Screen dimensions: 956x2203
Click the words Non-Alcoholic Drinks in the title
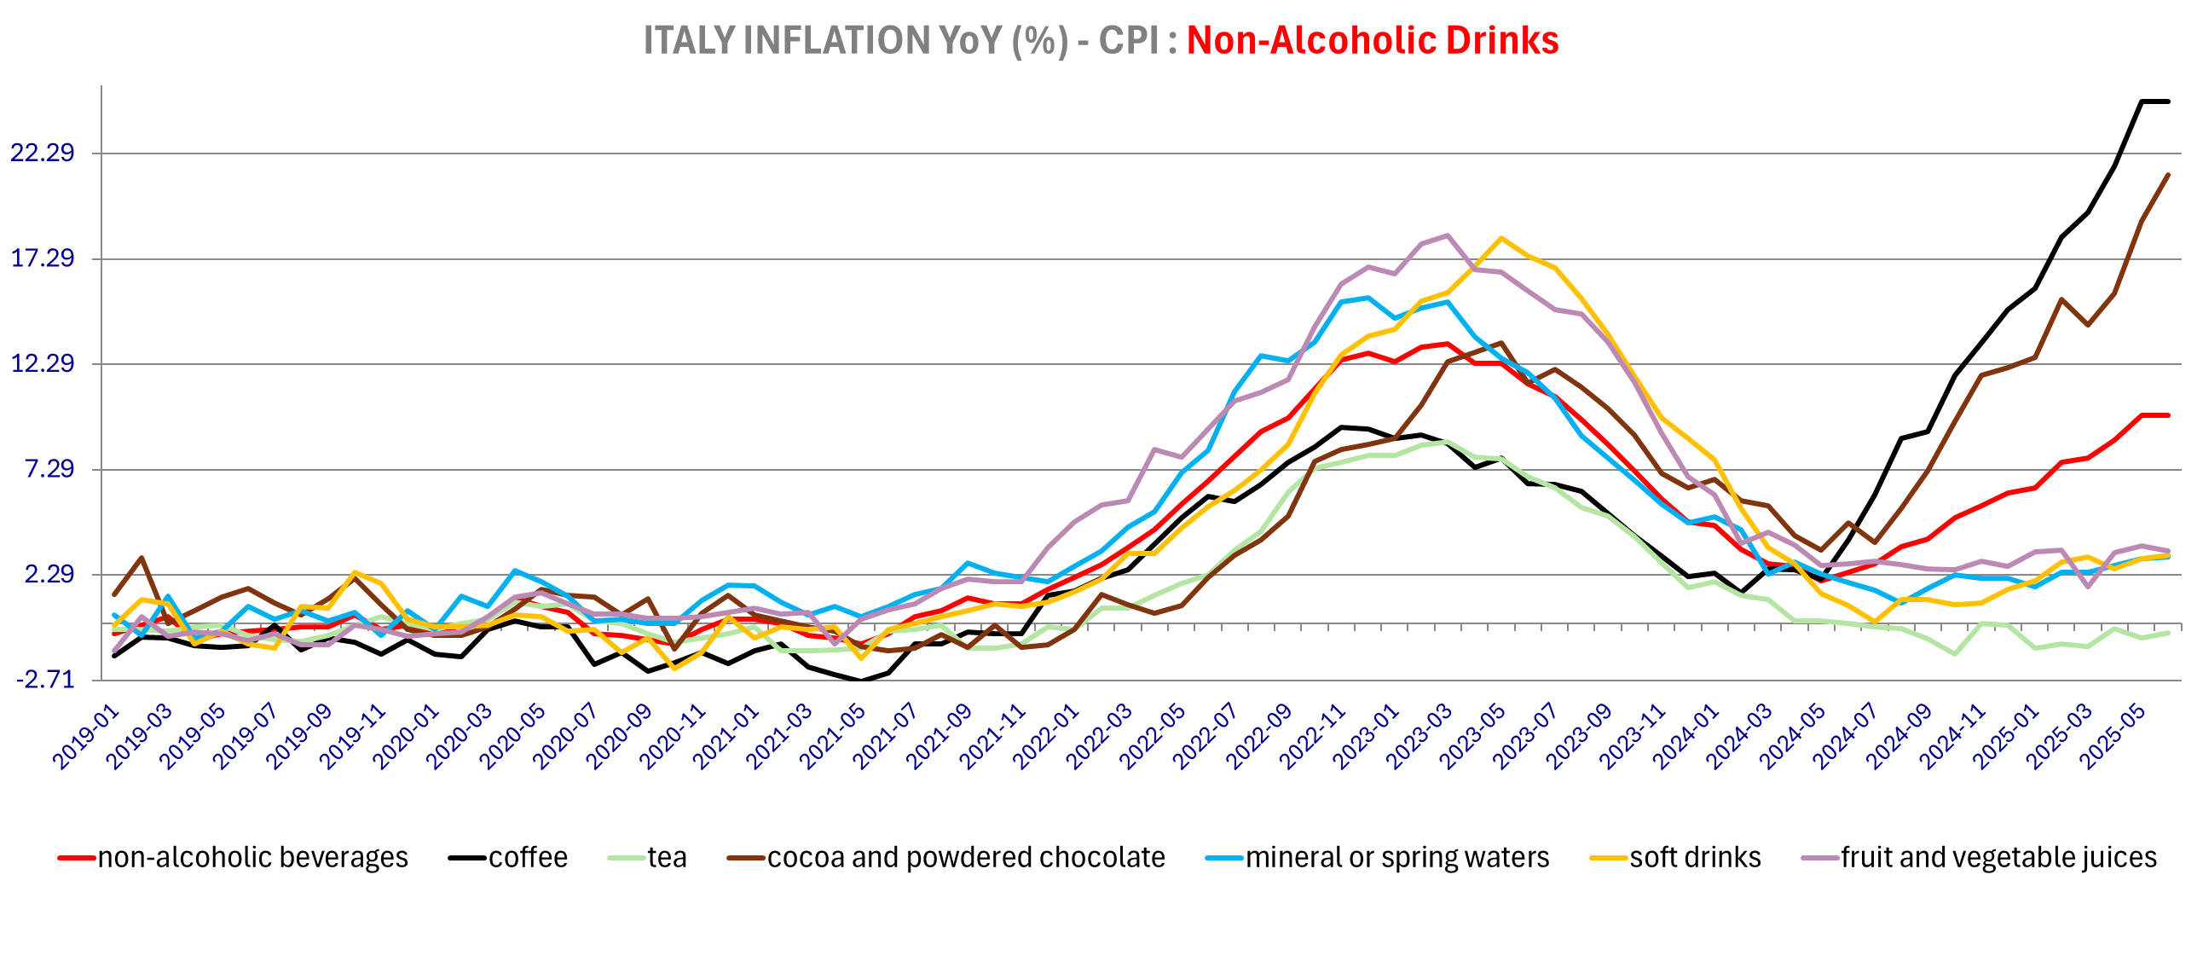(1372, 40)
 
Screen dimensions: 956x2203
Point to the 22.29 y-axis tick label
(42, 153)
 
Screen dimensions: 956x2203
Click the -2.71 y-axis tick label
(45, 680)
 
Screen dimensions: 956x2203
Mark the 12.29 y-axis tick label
(42, 363)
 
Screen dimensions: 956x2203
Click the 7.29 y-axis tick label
(49, 468)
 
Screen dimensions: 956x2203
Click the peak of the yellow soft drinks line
(1500, 238)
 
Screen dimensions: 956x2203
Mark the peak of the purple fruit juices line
(1447, 235)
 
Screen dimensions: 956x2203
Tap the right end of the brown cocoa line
(2168, 176)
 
